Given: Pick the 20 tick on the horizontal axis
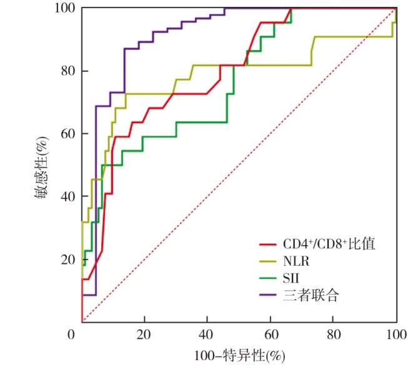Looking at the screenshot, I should click(144, 335).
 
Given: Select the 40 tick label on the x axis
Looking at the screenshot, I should click(207, 335).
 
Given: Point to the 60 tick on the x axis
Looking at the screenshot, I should click(271, 335).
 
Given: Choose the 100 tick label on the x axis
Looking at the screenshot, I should click(395, 335).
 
